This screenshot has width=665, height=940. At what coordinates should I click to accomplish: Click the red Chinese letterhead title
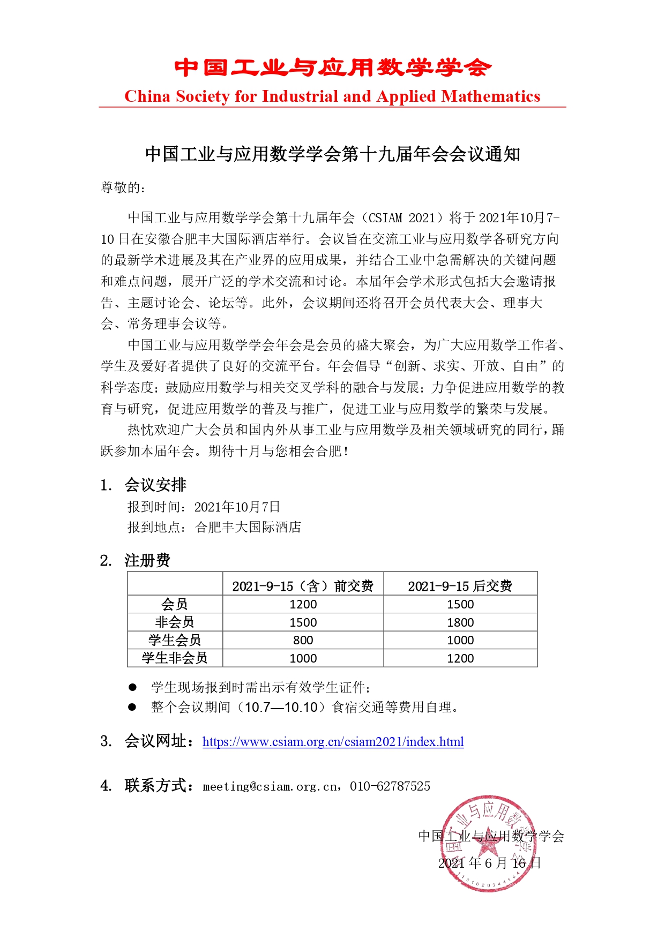(332, 68)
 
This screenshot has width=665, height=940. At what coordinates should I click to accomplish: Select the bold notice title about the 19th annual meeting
(332, 154)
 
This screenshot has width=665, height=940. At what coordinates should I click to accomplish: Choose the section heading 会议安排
(155, 485)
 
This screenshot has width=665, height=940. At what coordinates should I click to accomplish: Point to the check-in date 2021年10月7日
(237, 507)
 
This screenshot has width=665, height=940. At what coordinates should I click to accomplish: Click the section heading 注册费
(147, 561)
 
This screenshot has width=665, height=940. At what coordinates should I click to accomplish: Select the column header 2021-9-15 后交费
(460, 586)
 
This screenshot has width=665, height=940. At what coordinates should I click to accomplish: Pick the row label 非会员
(175, 622)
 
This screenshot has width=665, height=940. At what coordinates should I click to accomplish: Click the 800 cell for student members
(303, 641)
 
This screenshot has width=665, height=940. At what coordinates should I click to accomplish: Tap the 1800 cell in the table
(460, 622)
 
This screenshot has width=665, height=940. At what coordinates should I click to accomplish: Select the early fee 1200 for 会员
(303, 605)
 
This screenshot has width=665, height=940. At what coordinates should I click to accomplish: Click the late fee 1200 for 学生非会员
(460, 658)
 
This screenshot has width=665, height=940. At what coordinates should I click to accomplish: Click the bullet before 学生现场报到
(132, 687)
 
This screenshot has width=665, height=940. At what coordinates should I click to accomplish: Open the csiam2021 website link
(333, 742)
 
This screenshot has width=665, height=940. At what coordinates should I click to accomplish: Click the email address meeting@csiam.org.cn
(271, 786)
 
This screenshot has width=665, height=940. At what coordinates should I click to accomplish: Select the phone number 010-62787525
(390, 786)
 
